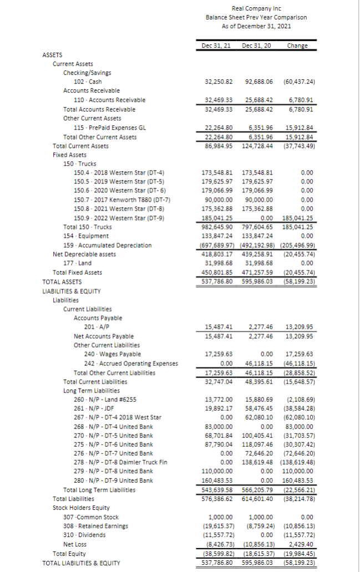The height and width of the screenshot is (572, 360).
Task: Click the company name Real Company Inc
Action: (x=256, y=8)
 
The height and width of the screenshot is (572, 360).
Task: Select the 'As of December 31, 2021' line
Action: (x=256, y=26)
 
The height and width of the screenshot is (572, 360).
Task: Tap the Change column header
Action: (x=297, y=45)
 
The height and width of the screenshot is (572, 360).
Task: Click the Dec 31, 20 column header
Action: (x=257, y=45)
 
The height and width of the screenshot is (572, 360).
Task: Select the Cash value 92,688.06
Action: (x=258, y=81)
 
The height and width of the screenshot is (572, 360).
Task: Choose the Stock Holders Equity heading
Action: (x=81, y=507)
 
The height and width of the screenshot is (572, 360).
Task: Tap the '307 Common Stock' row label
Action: (x=96, y=517)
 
